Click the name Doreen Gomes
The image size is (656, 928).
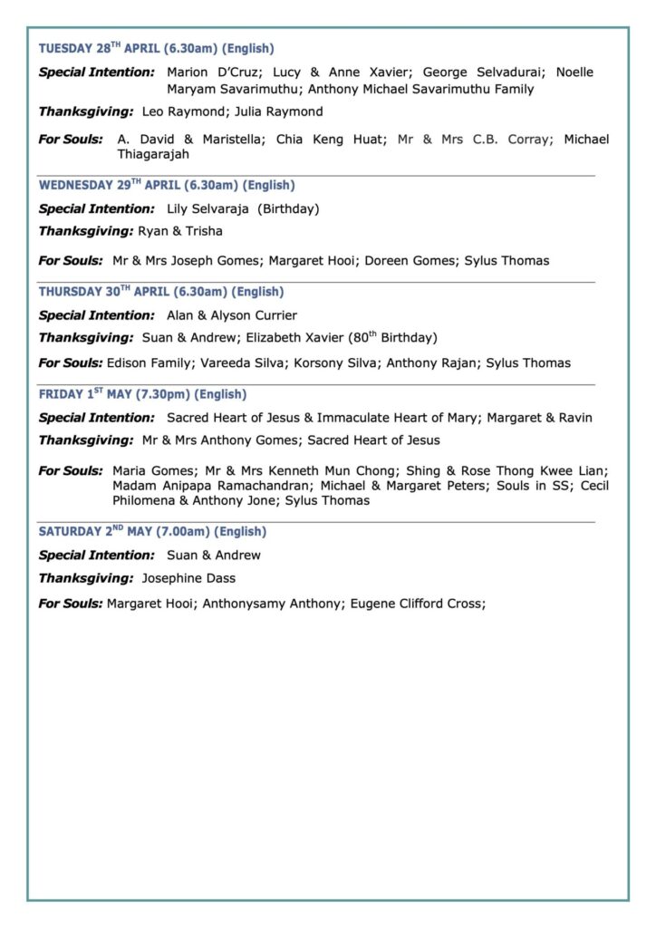pyautogui.click(x=412, y=261)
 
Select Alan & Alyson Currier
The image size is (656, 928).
pyautogui.click(x=232, y=315)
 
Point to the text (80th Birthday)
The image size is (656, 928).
pyautogui.click(x=387, y=338)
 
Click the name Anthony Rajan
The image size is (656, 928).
pyautogui.click(x=431, y=363)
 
